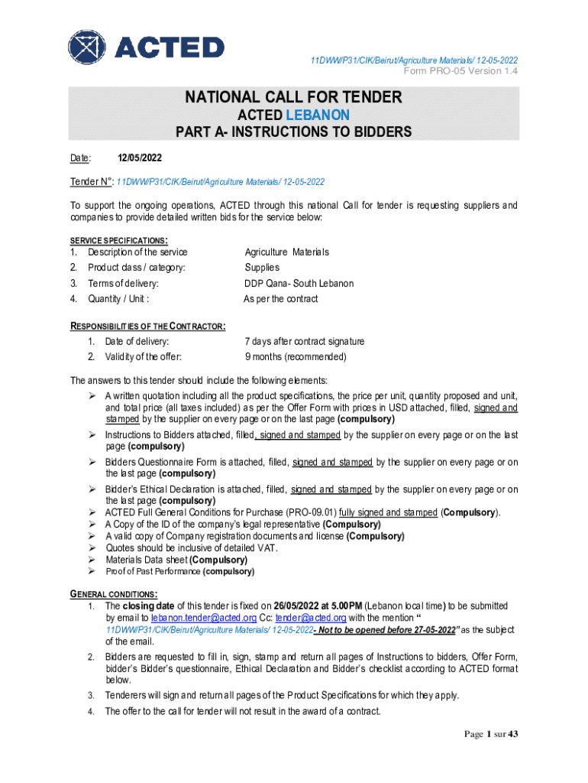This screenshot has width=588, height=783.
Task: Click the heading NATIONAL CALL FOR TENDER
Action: point(293,97)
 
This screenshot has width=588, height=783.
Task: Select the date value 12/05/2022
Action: point(140,158)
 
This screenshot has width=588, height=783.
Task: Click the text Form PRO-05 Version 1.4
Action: point(461,71)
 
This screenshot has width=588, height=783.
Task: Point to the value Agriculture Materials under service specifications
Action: point(286,252)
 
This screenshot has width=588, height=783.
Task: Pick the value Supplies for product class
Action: point(262,268)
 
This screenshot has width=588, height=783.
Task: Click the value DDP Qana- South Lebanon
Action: point(299,284)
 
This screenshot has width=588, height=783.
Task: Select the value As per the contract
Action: point(280,299)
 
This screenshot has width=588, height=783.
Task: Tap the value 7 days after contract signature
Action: point(304,341)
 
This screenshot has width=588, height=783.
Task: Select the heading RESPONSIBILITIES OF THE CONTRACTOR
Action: point(147,326)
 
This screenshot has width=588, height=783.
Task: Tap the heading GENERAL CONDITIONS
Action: point(114,594)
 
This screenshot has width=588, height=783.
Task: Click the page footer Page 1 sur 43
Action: point(492,735)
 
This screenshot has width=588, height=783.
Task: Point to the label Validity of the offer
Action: point(143,356)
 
